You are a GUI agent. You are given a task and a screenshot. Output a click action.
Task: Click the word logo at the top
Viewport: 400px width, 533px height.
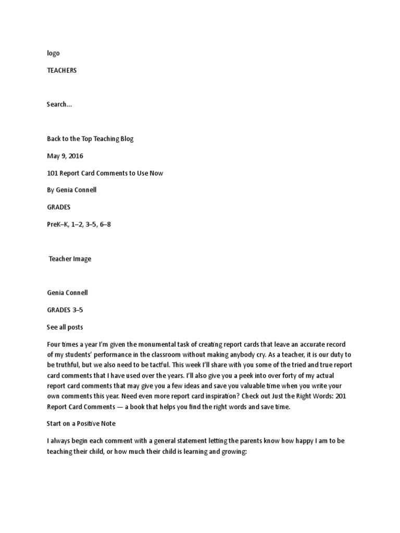tap(53, 53)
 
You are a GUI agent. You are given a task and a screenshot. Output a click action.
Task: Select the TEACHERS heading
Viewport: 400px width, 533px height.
tap(61, 70)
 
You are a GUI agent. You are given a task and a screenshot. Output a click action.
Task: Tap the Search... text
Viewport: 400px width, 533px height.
tap(59, 104)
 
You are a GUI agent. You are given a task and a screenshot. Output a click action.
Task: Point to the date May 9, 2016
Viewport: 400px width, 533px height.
tap(65, 156)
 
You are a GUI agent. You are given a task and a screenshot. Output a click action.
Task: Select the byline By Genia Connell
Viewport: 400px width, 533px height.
tap(71, 190)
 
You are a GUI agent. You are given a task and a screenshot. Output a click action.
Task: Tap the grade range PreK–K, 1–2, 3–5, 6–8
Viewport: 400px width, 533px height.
tap(79, 224)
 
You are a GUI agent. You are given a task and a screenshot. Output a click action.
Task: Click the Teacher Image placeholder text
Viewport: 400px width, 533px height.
tap(70, 259)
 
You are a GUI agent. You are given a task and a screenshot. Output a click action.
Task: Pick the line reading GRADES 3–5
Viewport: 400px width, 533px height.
tap(65, 310)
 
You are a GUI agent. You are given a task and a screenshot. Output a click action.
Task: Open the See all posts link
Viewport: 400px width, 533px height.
tap(65, 327)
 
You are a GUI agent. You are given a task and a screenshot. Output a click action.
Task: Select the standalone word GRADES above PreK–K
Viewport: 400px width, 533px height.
tap(58, 207)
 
